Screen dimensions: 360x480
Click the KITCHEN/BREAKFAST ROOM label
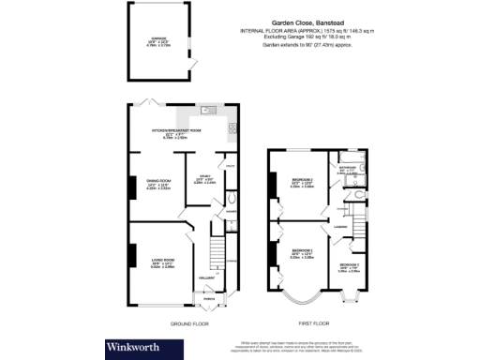(172, 131)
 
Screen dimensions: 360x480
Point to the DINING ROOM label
(157, 180)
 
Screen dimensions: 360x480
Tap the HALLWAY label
(207, 277)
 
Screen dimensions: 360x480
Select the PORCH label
(208, 300)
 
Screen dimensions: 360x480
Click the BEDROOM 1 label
(302, 250)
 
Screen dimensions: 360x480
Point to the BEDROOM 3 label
(350, 266)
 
